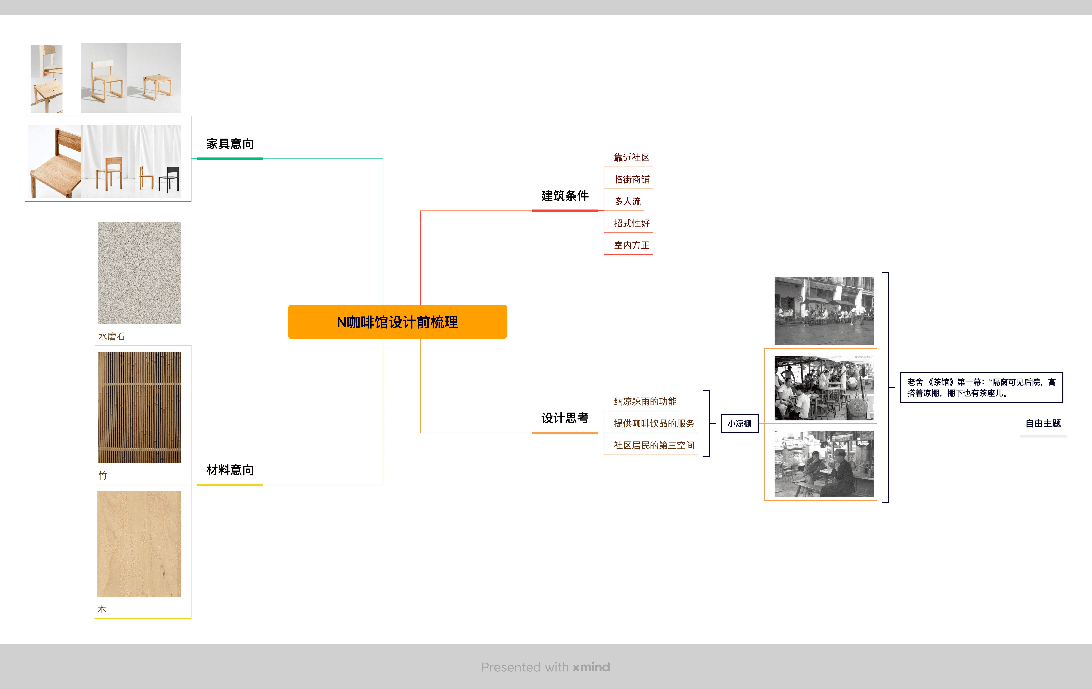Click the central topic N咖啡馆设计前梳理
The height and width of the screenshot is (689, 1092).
(x=397, y=322)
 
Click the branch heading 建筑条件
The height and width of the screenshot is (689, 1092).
(x=565, y=196)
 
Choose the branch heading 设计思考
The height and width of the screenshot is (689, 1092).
(x=565, y=418)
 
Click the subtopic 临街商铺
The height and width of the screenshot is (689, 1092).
(x=631, y=180)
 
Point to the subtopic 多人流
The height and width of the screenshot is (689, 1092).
(x=627, y=201)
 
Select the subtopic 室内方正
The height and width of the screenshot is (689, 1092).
(x=631, y=245)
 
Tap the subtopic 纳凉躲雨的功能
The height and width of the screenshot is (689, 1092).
(x=645, y=401)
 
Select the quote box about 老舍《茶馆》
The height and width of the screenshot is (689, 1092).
(x=981, y=387)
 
